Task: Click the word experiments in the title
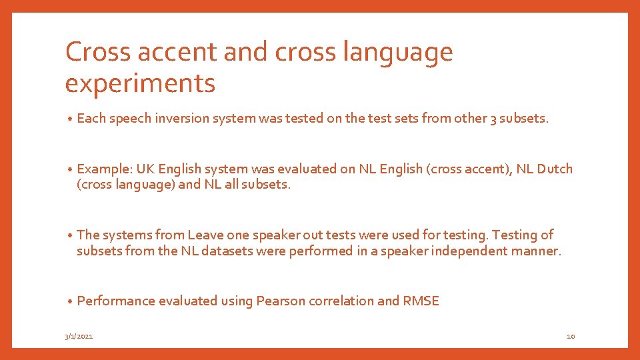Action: click(x=140, y=83)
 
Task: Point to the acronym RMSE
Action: click(x=421, y=301)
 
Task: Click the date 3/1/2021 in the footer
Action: click(x=79, y=337)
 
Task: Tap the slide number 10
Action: click(x=571, y=337)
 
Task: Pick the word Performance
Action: click(x=116, y=301)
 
